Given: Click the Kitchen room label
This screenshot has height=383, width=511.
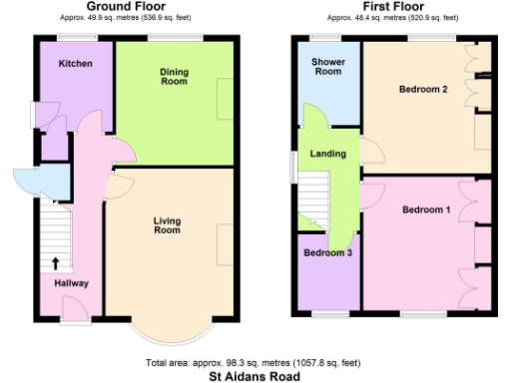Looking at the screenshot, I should click(x=76, y=64).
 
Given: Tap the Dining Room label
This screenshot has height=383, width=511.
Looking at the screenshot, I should click(x=175, y=76).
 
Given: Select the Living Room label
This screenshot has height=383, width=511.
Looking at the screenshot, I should click(x=167, y=224).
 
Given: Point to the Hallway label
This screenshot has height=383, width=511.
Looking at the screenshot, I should click(x=71, y=283).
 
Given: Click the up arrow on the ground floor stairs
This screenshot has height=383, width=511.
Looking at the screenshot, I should click(x=54, y=263).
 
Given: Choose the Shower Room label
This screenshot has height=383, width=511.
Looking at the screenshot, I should click(x=327, y=67).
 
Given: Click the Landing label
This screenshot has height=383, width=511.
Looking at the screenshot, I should click(x=328, y=154).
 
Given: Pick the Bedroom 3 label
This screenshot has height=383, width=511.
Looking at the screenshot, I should click(x=327, y=252).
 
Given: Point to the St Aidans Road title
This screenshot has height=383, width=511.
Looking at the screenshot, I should click(x=255, y=377).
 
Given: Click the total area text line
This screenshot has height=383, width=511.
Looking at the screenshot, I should click(x=255, y=363).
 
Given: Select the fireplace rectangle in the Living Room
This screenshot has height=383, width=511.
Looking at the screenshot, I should click(x=227, y=245).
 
